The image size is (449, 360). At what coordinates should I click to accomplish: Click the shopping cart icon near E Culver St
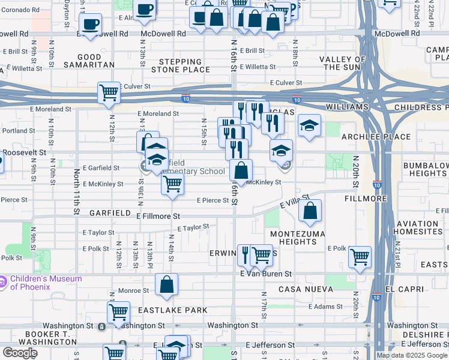[109, 93]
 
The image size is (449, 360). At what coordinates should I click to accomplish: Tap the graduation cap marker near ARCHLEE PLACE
[309, 125]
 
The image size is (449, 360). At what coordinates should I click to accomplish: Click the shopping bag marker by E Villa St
[310, 211]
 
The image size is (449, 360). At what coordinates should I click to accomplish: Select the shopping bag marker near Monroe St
[167, 284]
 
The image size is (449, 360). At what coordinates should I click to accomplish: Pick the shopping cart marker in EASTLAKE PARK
[118, 312]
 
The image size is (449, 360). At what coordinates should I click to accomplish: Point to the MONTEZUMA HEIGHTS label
[294, 238]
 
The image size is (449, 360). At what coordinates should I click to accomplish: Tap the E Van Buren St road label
[265, 274]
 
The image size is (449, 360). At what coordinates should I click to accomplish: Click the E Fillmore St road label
[158, 216]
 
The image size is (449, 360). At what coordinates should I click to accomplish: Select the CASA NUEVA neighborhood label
[306, 289]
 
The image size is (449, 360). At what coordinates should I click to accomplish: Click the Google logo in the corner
[20, 353]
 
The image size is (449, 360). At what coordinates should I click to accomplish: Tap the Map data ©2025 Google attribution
[412, 355]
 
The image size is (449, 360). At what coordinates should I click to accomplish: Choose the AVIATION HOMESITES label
[418, 228]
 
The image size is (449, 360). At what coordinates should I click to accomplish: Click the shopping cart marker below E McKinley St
[172, 184]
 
